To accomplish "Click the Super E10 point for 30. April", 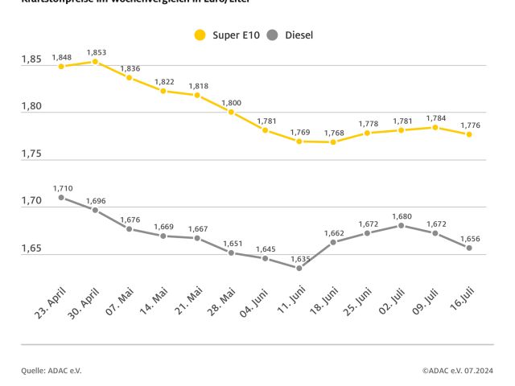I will point(95,61).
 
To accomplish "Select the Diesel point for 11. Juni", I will point(299,268).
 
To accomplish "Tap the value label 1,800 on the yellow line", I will point(231,103).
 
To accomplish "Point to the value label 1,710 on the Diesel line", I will point(62,188).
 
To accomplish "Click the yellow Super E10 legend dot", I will point(200,35).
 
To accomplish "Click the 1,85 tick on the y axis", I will point(32,60).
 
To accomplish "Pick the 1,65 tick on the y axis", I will point(32,250).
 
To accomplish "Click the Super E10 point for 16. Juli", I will point(469,134).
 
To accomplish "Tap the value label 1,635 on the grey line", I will point(299,259).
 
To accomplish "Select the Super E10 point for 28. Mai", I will point(231,113).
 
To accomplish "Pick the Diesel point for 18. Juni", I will point(333,242).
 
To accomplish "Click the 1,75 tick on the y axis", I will point(32,155).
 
